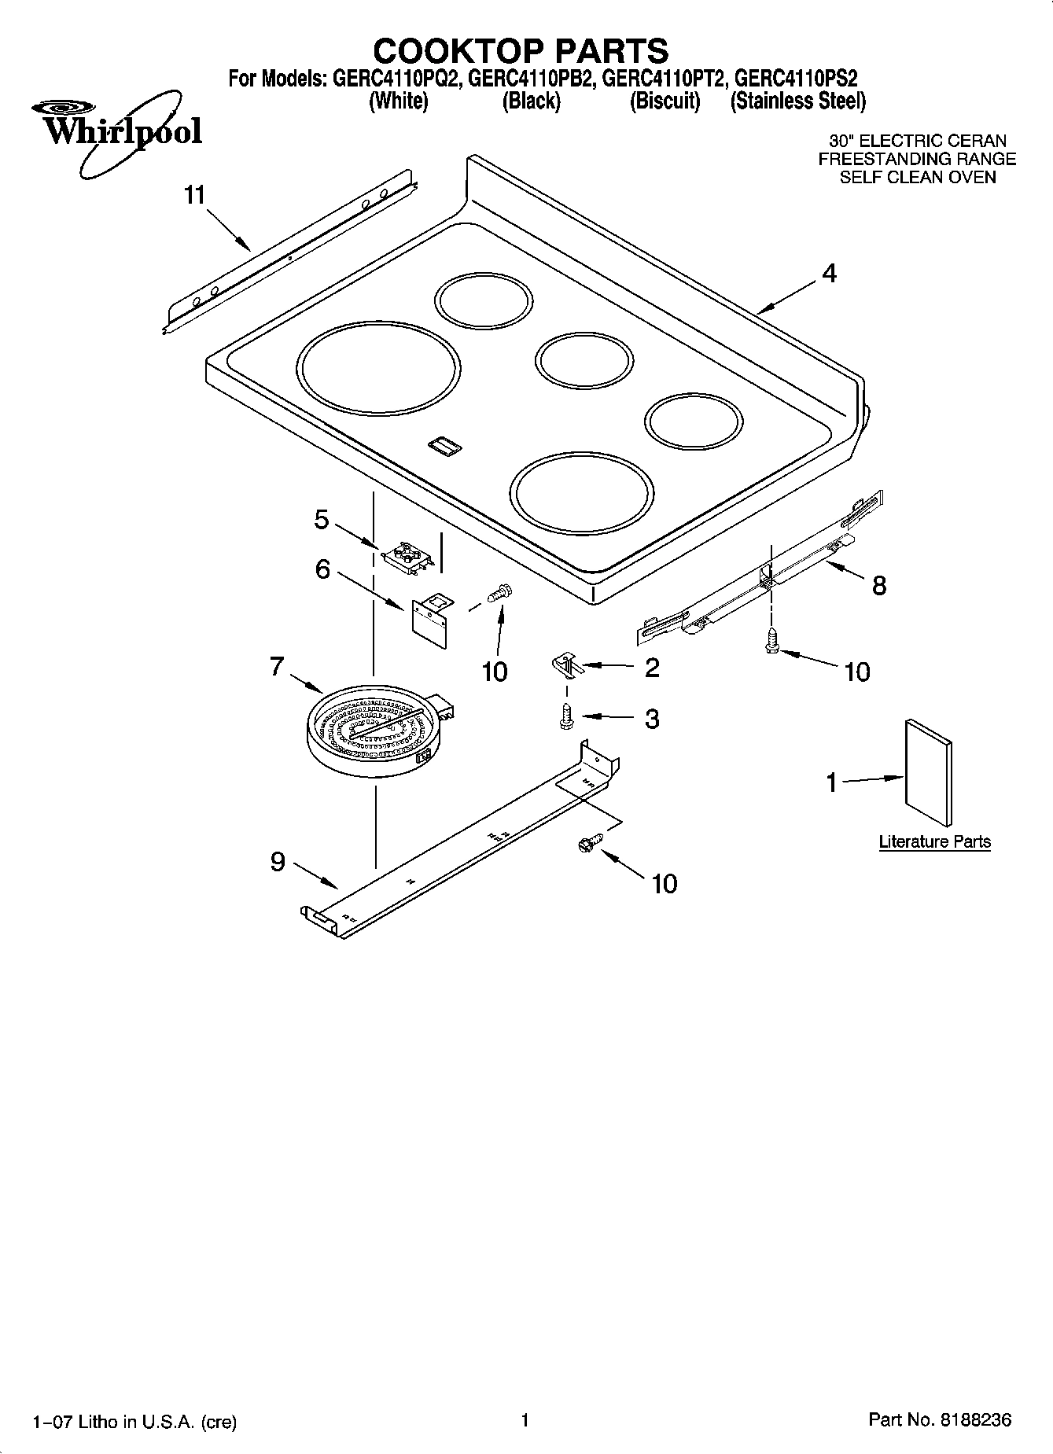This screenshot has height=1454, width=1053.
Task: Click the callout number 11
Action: [x=194, y=195]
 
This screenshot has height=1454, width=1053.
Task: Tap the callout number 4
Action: [x=829, y=274]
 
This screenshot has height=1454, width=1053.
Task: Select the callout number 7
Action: [x=276, y=667]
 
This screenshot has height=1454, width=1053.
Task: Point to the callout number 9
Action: [x=278, y=862]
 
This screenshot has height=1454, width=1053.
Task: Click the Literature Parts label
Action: [x=934, y=841]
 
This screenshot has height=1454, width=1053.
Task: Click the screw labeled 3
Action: [x=565, y=716]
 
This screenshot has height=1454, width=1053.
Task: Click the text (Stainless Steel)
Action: [x=797, y=101]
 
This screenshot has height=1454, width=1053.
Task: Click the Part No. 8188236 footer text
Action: [x=940, y=1420]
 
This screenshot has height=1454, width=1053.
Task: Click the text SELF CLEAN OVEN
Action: [x=917, y=177]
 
